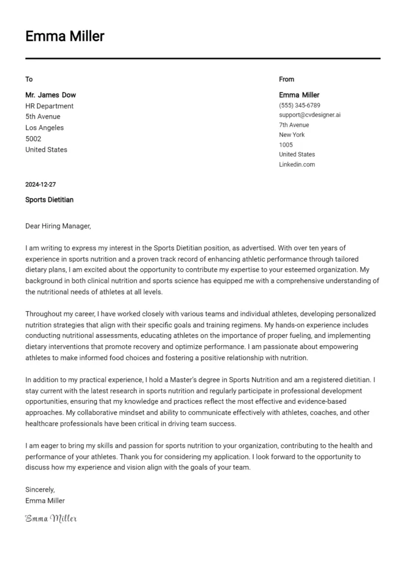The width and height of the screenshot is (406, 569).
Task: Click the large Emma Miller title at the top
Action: pos(65,37)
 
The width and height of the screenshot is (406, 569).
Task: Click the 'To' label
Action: pos(29,79)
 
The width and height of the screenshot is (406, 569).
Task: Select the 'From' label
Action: pos(286,79)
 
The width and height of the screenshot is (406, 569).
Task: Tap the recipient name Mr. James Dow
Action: pos(51,95)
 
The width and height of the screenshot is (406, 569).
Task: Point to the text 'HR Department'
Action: pos(49,106)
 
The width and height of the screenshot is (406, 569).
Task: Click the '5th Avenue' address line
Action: pos(43,117)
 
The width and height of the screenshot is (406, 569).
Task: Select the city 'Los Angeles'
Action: pos(44,128)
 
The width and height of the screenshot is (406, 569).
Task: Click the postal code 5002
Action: pos(33,139)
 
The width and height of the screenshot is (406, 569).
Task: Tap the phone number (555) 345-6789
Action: pos(299,105)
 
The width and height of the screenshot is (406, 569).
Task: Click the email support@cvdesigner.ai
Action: pos(310,115)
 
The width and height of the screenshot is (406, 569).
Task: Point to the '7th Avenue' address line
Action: pos(294,125)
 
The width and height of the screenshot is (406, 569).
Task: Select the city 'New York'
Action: pos(292,135)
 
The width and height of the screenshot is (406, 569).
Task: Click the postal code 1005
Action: pos(286,145)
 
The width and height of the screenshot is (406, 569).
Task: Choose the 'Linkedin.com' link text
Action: pos(297,164)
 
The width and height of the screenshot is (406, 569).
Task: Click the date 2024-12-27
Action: pos(41,184)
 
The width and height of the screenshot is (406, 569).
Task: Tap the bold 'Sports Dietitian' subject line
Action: pos(49,199)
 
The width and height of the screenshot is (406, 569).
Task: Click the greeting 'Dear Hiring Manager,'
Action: pos(58,226)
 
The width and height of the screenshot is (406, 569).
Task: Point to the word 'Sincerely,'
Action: pos(40,490)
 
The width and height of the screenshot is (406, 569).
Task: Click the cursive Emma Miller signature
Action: pos(51,518)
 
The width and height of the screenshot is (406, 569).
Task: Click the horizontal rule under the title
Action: pos(203,58)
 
